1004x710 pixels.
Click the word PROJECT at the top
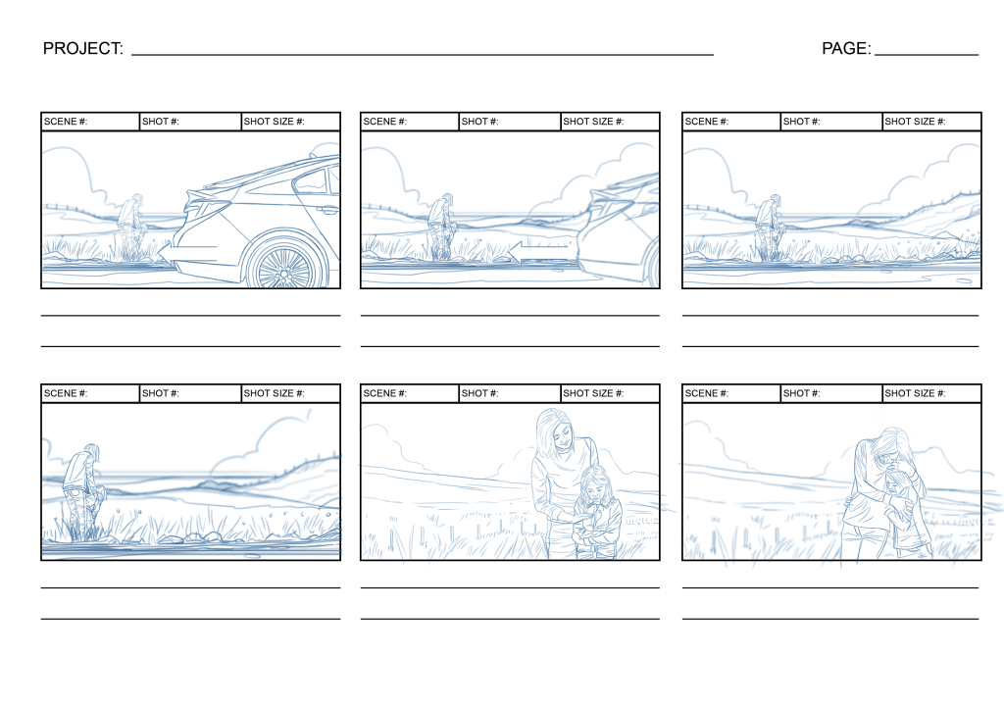[82, 48]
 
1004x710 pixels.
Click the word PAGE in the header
[845, 48]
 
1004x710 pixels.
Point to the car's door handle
[327, 209]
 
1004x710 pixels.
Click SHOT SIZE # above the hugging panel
[915, 393]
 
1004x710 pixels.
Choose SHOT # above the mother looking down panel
[480, 393]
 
